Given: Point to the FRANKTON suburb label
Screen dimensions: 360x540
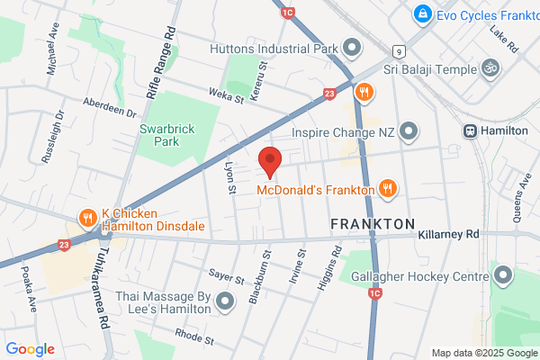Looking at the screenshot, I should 372,223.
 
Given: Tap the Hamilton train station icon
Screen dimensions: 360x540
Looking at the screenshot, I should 471,130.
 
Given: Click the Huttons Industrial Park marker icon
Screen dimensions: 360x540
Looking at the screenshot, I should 352,47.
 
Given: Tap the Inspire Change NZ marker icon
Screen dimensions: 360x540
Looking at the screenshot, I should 409,132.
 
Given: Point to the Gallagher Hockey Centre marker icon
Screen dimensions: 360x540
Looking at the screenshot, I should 500,273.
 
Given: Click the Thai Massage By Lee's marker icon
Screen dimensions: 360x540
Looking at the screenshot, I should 225,301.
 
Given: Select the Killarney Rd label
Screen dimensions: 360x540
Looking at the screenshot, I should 449,233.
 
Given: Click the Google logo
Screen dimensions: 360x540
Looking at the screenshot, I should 30,349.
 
